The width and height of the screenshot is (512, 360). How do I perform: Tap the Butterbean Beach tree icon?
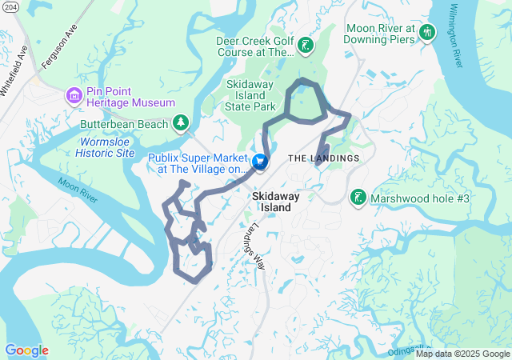pyautogui.click(x=182, y=122)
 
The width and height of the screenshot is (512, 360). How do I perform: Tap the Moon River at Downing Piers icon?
pyautogui.click(x=427, y=33)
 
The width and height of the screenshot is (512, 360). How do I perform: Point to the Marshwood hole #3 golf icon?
pyautogui.click(x=358, y=197)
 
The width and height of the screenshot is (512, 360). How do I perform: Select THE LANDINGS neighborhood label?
pyautogui.click(x=323, y=158)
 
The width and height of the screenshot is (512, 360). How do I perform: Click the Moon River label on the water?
pyautogui.click(x=77, y=190)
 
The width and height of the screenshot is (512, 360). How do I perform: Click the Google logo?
pyautogui.click(x=26, y=350)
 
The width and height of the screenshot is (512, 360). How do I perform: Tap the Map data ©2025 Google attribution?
pyautogui.click(x=462, y=354)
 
